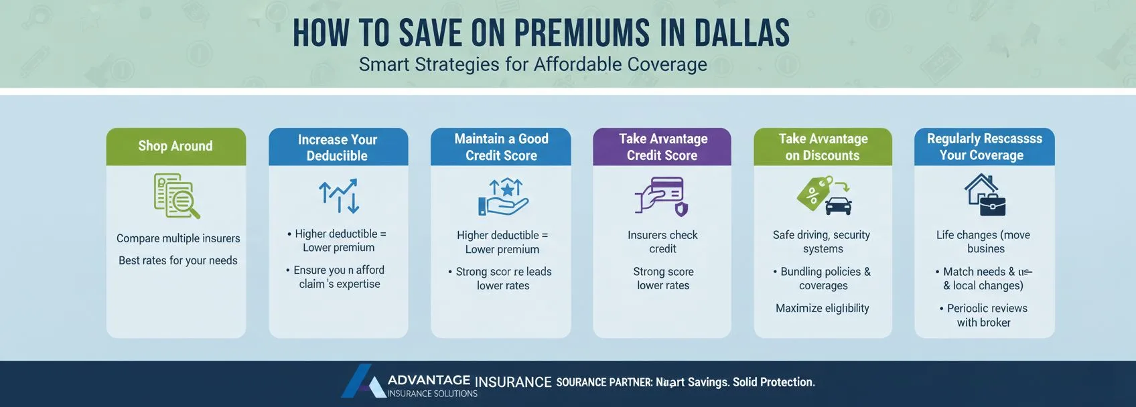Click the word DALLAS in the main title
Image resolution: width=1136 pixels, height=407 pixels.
click(741, 33)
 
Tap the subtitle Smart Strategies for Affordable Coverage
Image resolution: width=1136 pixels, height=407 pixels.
click(532, 65)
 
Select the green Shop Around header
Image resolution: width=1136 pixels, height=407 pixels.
click(175, 146)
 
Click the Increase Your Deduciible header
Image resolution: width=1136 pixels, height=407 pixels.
click(338, 147)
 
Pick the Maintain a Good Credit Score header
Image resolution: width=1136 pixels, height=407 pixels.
click(501, 147)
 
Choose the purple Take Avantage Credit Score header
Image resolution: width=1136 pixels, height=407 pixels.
click(662, 147)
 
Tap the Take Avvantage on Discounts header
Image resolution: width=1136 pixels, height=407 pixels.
click(823, 147)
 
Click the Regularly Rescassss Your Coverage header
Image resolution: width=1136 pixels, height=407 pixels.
click(984, 147)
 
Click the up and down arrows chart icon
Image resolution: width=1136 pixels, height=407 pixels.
click(339, 195)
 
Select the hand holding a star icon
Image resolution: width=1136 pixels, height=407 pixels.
click(503, 197)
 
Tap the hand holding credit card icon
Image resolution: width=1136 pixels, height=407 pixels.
click(661, 196)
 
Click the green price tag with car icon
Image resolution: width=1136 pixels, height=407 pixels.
click(824, 195)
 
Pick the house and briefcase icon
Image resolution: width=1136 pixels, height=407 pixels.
click(985, 195)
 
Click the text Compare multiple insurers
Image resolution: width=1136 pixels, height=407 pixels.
click(178, 238)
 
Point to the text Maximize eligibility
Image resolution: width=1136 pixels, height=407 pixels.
click(823, 308)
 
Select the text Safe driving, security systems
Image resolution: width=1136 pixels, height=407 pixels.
click(822, 242)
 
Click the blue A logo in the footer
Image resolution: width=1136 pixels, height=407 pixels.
click(362, 382)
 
